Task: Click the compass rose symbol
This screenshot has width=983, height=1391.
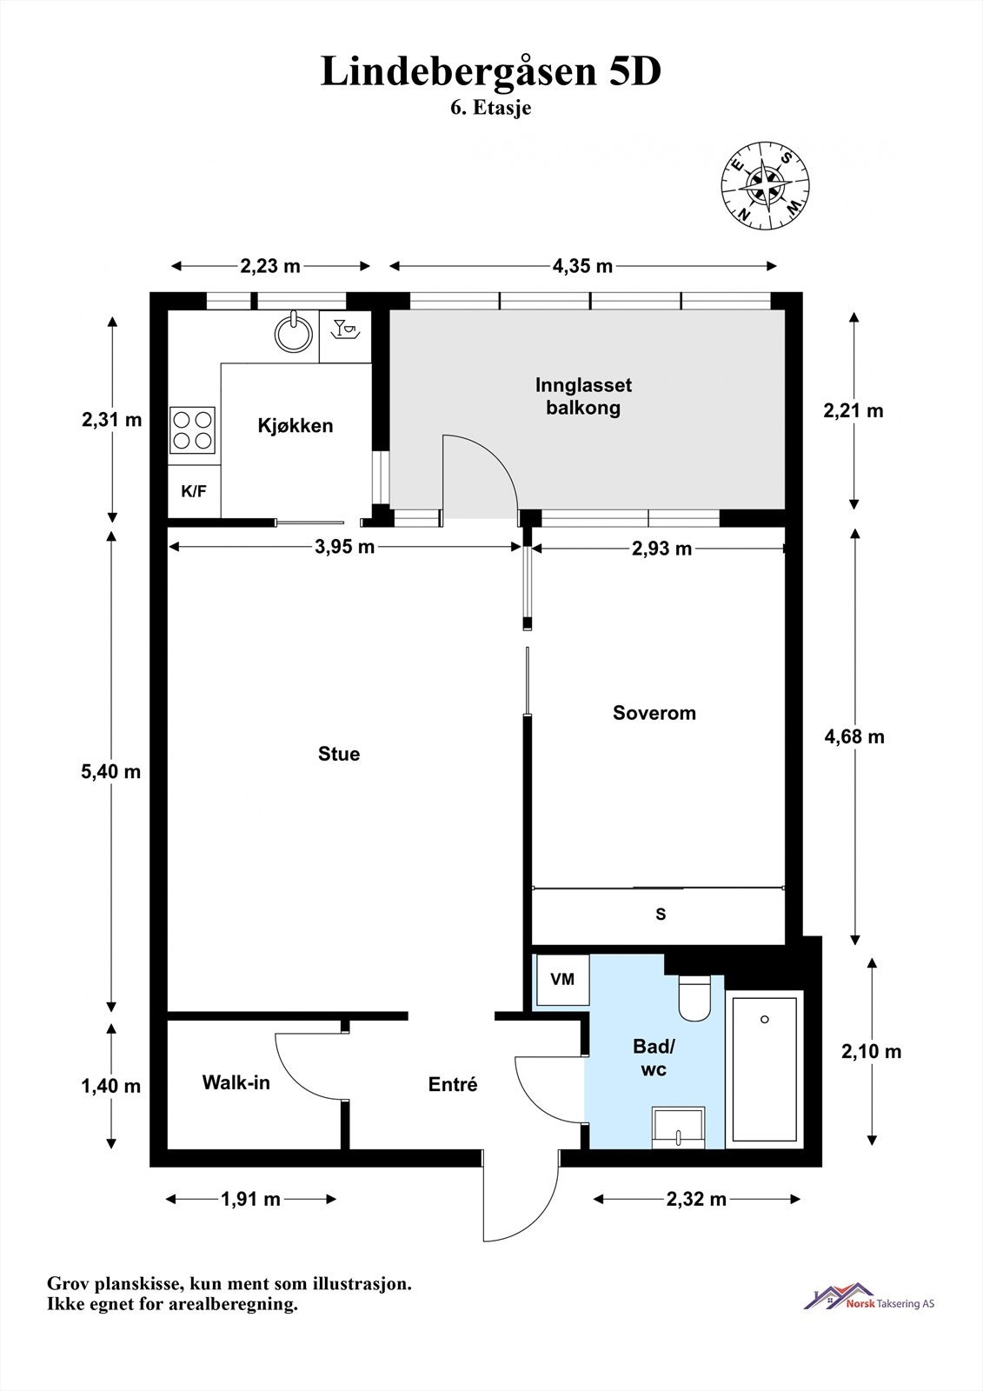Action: (765, 185)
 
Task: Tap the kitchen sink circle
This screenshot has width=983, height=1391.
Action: (294, 334)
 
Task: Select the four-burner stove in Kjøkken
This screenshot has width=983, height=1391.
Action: (192, 429)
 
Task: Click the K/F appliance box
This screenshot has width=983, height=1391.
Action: (195, 491)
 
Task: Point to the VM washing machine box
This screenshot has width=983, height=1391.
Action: (562, 979)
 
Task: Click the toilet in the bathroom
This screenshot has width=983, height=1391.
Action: (694, 997)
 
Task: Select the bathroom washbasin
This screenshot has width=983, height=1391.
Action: (678, 1127)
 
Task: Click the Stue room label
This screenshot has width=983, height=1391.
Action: (339, 754)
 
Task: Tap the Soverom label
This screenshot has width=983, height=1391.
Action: (654, 713)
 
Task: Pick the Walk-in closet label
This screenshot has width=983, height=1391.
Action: (236, 1083)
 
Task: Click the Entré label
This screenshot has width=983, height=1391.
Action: (453, 1084)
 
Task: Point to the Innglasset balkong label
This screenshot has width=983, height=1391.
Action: (584, 396)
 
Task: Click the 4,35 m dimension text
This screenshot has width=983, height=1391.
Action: (582, 266)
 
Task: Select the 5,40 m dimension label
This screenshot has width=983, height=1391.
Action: (111, 772)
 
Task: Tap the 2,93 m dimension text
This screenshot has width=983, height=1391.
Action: (662, 549)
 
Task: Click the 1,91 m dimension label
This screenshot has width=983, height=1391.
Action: (251, 1199)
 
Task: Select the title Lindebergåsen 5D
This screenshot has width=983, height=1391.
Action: (491, 71)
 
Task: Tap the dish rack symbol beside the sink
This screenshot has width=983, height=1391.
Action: (345, 329)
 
